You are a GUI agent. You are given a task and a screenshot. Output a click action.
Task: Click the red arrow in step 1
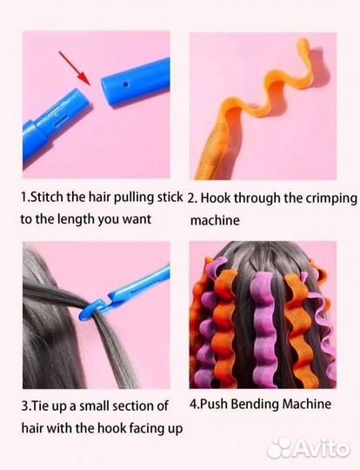74,68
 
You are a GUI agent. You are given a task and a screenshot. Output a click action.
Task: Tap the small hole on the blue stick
126,84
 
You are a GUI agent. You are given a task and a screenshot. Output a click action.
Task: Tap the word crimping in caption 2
331,198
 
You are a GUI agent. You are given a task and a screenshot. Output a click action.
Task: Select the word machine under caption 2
215,220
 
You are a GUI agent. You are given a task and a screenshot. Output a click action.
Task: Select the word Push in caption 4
214,405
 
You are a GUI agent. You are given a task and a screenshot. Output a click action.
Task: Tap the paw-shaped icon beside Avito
279,448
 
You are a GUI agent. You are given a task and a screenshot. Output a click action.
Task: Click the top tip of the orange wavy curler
304,40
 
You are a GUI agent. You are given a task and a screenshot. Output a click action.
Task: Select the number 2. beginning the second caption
192,198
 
